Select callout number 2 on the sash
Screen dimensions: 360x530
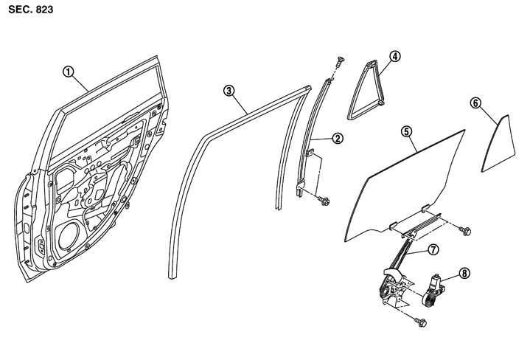pos(337,138)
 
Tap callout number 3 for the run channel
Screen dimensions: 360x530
pos(231,90)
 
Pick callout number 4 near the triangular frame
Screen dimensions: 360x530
pos(395,55)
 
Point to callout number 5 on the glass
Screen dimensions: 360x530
pos(406,131)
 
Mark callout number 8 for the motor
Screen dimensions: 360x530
pos(464,272)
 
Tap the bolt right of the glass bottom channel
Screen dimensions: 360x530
pos(466,231)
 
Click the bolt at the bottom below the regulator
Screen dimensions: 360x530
pos(422,322)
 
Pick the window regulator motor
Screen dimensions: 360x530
pos(436,289)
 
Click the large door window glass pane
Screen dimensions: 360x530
pos(405,184)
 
